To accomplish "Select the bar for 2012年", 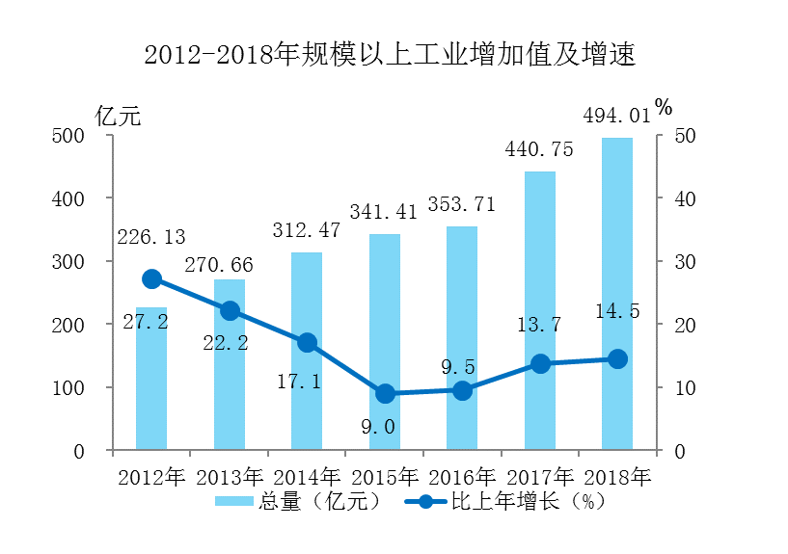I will click(151, 385).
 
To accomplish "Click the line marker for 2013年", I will click(230, 310).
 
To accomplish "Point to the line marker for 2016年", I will click(462, 390).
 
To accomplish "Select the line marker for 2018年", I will click(617, 359).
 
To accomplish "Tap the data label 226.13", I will click(151, 237).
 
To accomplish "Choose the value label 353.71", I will click(462, 205).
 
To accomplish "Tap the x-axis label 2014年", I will click(307, 477).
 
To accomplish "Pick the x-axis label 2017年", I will click(540, 477).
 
